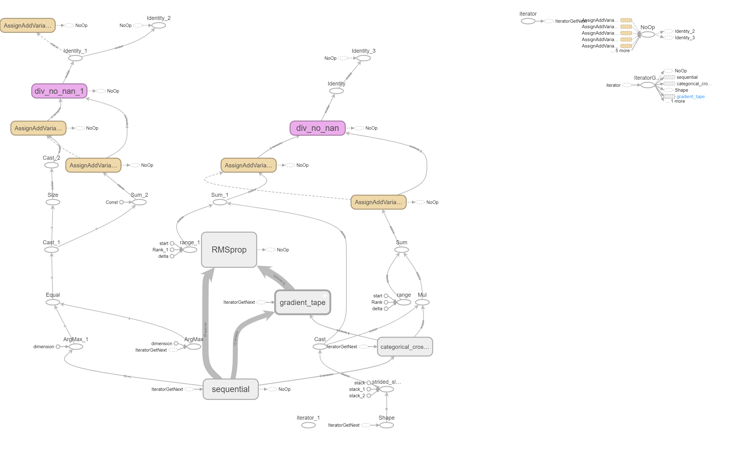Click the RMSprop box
229,250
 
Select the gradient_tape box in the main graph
303,303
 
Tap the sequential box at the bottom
230,389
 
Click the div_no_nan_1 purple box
59,91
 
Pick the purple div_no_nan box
317,128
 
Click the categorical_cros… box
405,347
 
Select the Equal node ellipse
53,303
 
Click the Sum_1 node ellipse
220,202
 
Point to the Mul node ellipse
422,303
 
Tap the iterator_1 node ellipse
308,425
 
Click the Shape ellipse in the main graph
387,425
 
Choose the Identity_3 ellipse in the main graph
364,58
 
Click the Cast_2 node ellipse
52,166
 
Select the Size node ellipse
53,202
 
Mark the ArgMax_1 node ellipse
76,347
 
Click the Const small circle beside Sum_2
121,202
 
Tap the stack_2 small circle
369,396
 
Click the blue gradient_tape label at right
690,97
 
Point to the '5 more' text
623,51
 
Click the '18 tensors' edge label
205,330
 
